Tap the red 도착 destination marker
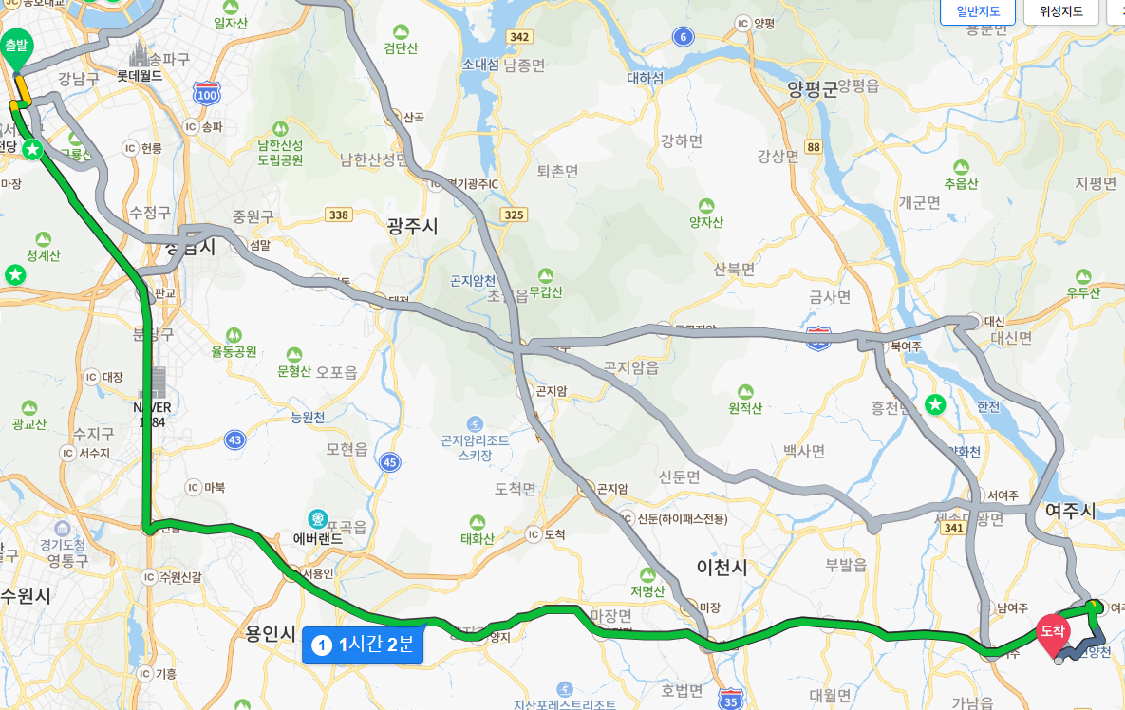click(x=1052, y=631)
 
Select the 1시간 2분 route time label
click(x=362, y=645)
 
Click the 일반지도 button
click(x=977, y=11)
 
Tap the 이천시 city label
click(x=722, y=568)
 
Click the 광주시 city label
click(x=413, y=226)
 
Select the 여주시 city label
click(x=1070, y=511)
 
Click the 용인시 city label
click(x=270, y=633)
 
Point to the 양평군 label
click(x=814, y=88)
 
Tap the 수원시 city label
click(x=25, y=595)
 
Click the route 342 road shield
click(x=518, y=37)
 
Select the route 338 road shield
click(x=338, y=215)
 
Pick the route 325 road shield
click(x=514, y=215)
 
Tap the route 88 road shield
click(x=813, y=147)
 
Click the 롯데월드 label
click(x=140, y=75)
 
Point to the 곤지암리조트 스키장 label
click(x=475, y=446)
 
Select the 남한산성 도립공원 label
click(x=280, y=152)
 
